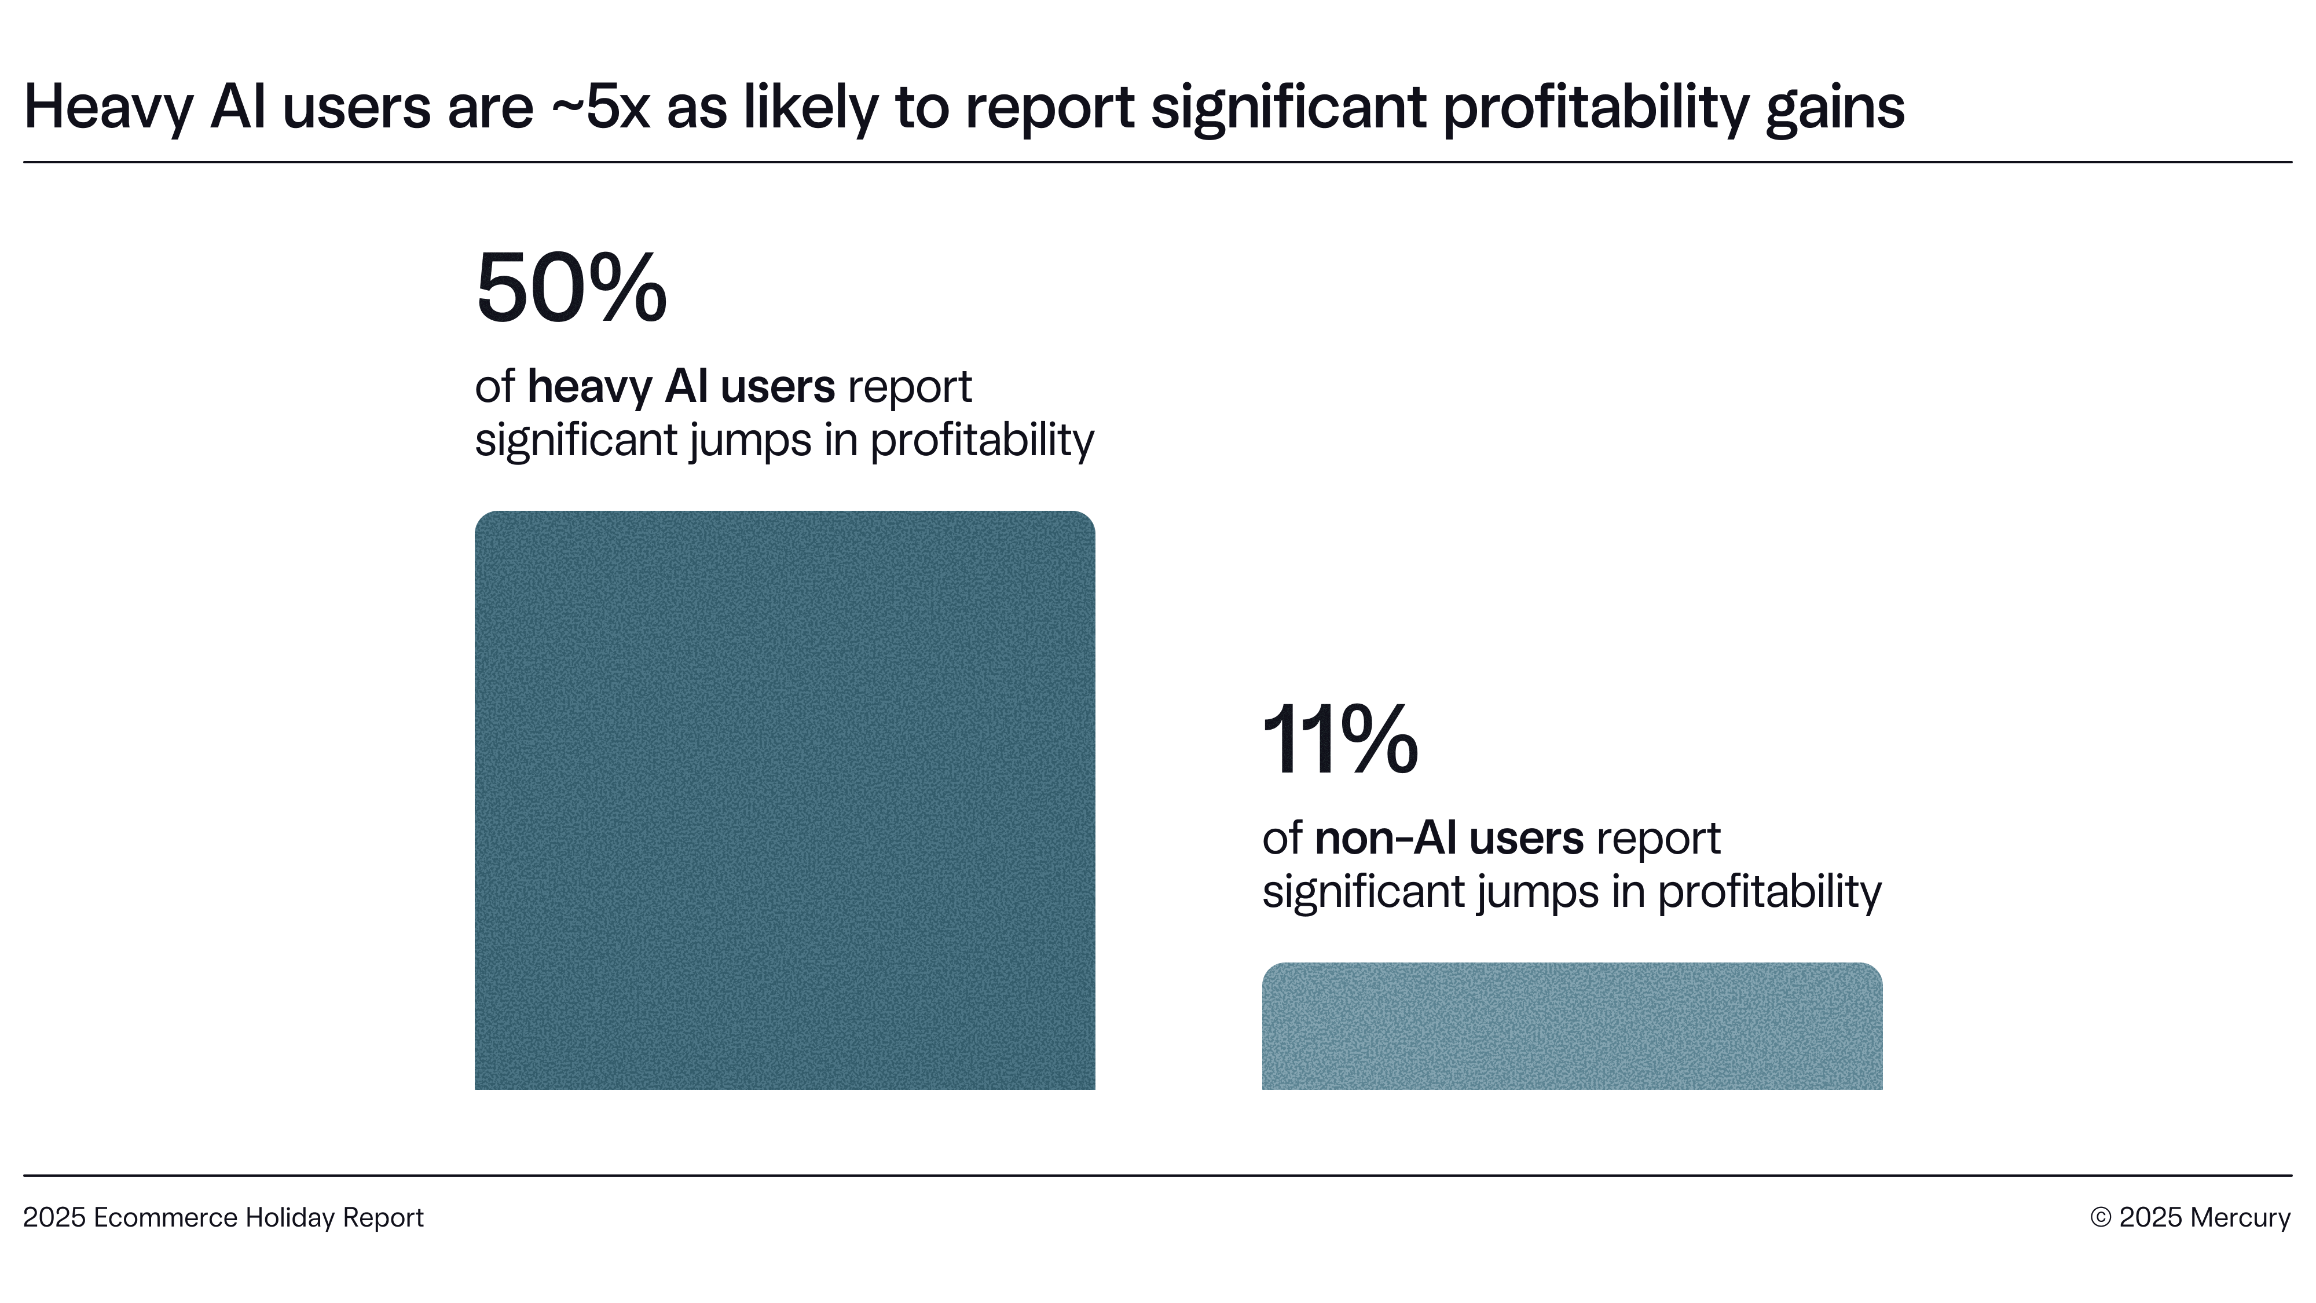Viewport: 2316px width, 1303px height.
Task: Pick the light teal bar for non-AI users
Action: pyautogui.click(x=1571, y=1026)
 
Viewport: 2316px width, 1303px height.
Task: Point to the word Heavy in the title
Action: pyautogui.click(x=108, y=108)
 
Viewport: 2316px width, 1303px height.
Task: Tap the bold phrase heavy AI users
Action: pyautogui.click(x=680, y=387)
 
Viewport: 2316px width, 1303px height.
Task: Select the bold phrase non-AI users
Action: pyautogui.click(x=1449, y=838)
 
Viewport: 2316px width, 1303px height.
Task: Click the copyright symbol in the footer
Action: pyautogui.click(x=2100, y=1217)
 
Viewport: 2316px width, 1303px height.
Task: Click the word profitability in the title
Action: pyautogui.click(x=1595, y=108)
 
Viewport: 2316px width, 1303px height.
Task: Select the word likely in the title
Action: pyautogui.click(x=810, y=108)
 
